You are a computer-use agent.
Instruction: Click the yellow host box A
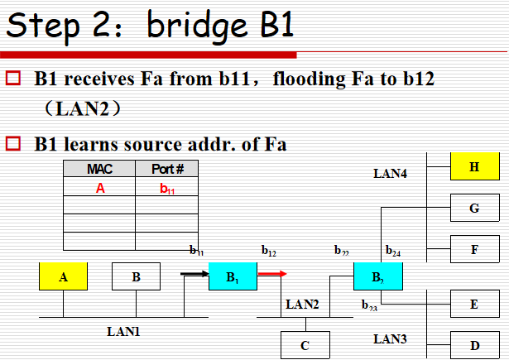(64, 277)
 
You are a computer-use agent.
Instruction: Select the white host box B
(136, 277)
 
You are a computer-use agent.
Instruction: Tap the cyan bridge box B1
(233, 276)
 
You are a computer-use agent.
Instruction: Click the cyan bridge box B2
(377, 276)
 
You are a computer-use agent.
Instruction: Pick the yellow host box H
(474, 167)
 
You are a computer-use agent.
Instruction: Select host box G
(474, 208)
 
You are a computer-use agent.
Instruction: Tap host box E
(474, 304)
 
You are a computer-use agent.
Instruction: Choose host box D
(474, 344)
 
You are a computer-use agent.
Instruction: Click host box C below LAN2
(305, 345)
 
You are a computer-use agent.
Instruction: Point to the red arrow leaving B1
(272, 272)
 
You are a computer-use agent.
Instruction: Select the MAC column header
(99, 170)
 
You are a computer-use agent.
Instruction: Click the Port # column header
(166, 170)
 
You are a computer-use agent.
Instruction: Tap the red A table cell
(100, 188)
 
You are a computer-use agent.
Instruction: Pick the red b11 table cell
(166, 189)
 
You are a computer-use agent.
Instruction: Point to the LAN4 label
(391, 174)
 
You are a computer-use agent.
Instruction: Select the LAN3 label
(390, 338)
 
